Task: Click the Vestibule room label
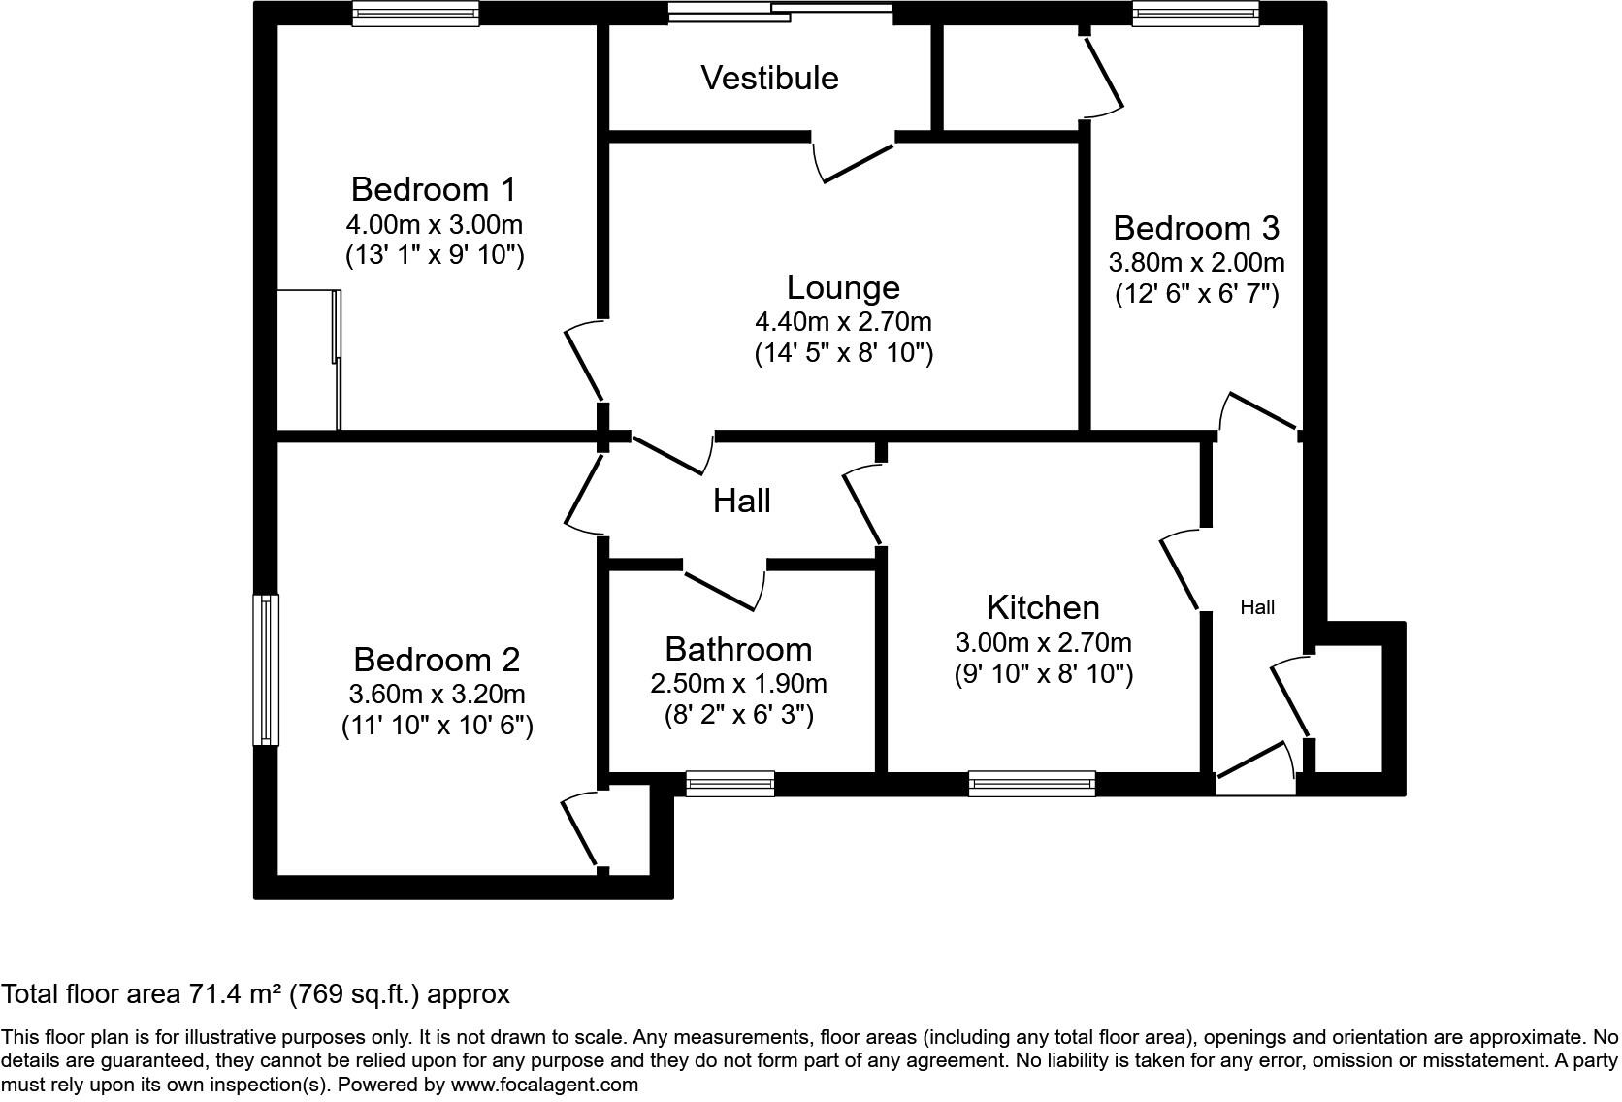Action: point(769,78)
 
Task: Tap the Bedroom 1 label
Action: point(434,188)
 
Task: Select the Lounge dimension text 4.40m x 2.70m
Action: point(843,320)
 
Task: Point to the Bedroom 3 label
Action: point(1196,228)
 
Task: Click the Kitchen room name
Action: point(1043,607)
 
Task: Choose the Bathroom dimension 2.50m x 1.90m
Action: point(738,684)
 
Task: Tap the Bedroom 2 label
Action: point(437,660)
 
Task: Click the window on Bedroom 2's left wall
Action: point(265,669)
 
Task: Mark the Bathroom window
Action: point(730,784)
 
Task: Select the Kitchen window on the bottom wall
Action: point(1031,784)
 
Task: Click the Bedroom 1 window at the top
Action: point(415,13)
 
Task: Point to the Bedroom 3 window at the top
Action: point(1195,13)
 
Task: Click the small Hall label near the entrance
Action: point(1257,607)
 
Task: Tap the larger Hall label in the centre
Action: point(742,501)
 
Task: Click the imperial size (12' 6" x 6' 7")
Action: point(1196,293)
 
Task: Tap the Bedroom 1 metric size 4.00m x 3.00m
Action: point(434,225)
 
